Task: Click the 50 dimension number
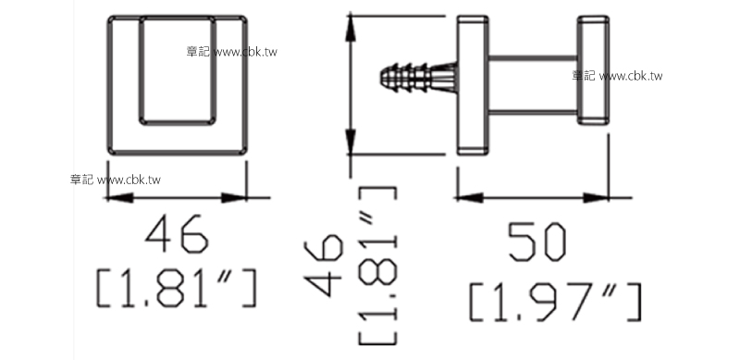[536, 242]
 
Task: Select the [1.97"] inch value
[556, 303]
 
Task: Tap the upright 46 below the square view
[177, 234]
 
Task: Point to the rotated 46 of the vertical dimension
[324, 265]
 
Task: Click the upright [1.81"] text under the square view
[177, 288]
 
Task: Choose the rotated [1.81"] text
[377, 266]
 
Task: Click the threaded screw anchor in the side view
[419, 78]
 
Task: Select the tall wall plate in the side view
[473, 85]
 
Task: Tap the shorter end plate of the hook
[593, 70]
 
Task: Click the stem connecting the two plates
[533, 85]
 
